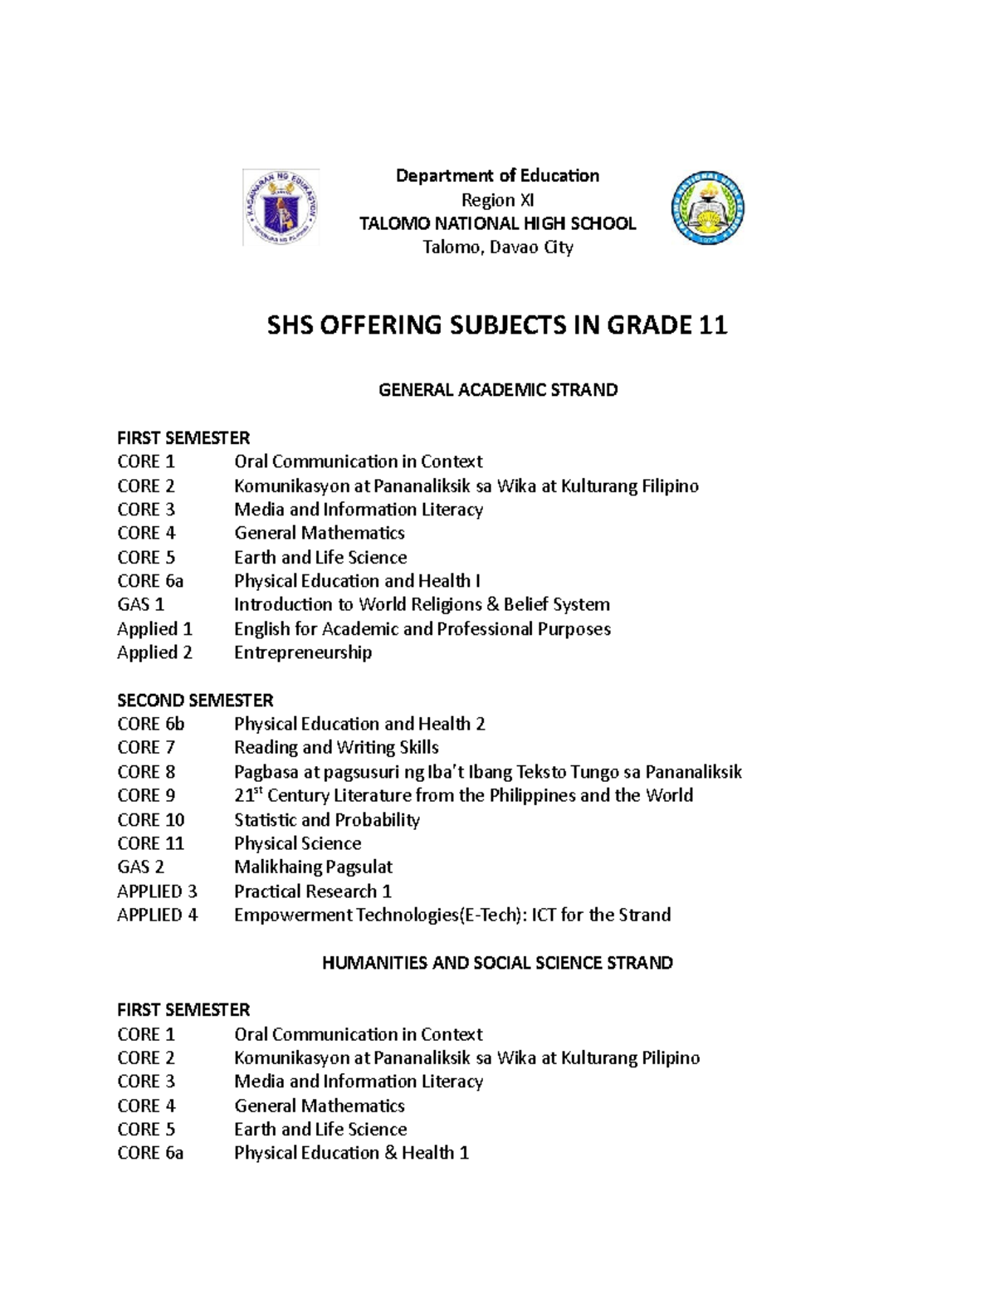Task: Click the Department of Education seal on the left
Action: (x=281, y=208)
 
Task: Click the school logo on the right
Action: (x=707, y=208)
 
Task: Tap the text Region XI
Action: (x=497, y=200)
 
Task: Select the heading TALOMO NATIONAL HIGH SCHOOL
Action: (x=497, y=223)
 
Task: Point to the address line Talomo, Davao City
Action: (x=497, y=247)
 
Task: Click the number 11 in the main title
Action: (x=712, y=325)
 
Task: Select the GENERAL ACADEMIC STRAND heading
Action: (x=498, y=390)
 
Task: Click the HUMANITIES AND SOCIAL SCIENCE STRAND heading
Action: (x=497, y=963)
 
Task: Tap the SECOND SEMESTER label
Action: (x=195, y=700)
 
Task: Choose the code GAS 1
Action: (x=141, y=604)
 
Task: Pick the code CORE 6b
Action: (x=151, y=724)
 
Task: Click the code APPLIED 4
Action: (x=158, y=915)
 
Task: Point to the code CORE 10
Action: (x=151, y=819)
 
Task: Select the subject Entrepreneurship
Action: (x=303, y=652)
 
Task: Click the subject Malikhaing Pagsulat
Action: (x=313, y=867)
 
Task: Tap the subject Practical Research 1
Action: (x=312, y=891)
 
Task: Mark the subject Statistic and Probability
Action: (x=326, y=819)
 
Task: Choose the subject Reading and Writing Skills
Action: (x=336, y=747)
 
